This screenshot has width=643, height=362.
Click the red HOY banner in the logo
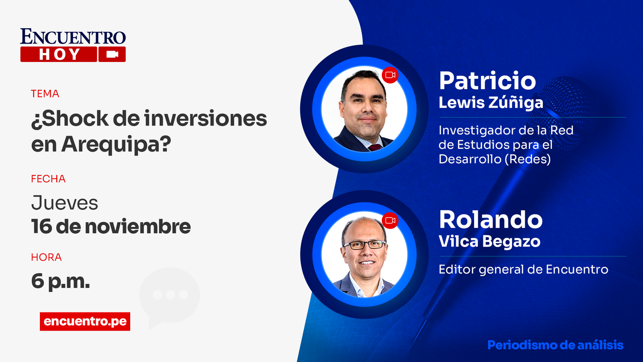[x=59, y=54]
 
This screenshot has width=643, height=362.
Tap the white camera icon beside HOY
[x=112, y=54]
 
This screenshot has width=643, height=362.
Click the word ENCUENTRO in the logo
[x=73, y=37]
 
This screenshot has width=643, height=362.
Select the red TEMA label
[x=45, y=94]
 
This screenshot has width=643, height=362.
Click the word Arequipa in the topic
[x=116, y=144]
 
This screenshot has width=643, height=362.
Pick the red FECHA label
[x=48, y=179]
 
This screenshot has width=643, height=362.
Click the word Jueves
[x=65, y=203]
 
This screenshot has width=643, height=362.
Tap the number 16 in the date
[x=41, y=226]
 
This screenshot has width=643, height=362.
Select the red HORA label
[x=47, y=257]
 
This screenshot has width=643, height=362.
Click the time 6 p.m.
[x=61, y=281]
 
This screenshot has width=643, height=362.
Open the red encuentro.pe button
[x=85, y=321]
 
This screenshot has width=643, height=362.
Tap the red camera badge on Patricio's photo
[x=390, y=75]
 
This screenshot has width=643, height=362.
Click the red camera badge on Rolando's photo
[x=390, y=220]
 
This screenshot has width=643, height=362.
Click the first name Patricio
[x=487, y=81]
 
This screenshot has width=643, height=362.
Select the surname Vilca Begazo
[x=489, y=241]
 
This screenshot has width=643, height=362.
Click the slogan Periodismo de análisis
[x=555, y=345]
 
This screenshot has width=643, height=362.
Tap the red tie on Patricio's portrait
[x=374, y=147]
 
